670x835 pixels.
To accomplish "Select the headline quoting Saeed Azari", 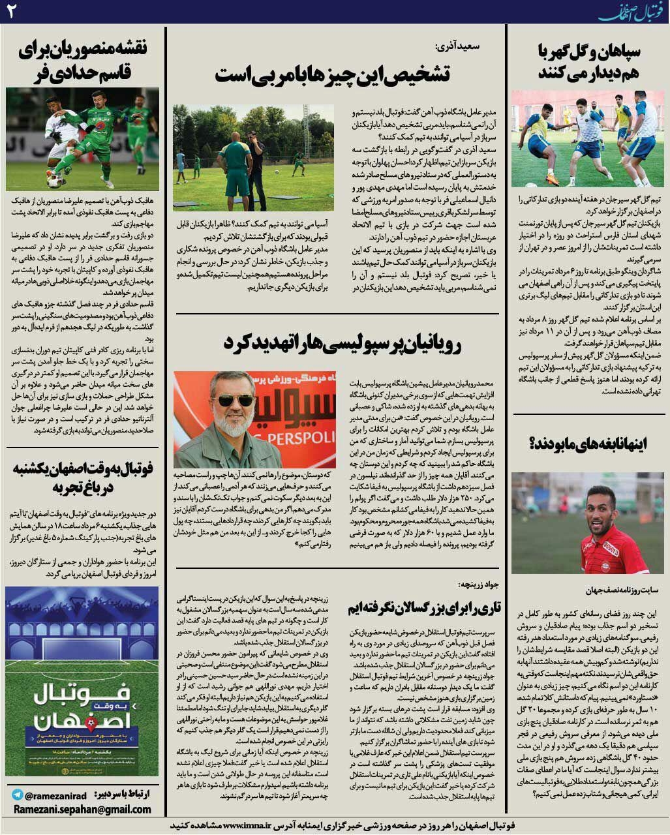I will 332,74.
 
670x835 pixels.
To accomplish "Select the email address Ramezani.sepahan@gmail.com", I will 81,810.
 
